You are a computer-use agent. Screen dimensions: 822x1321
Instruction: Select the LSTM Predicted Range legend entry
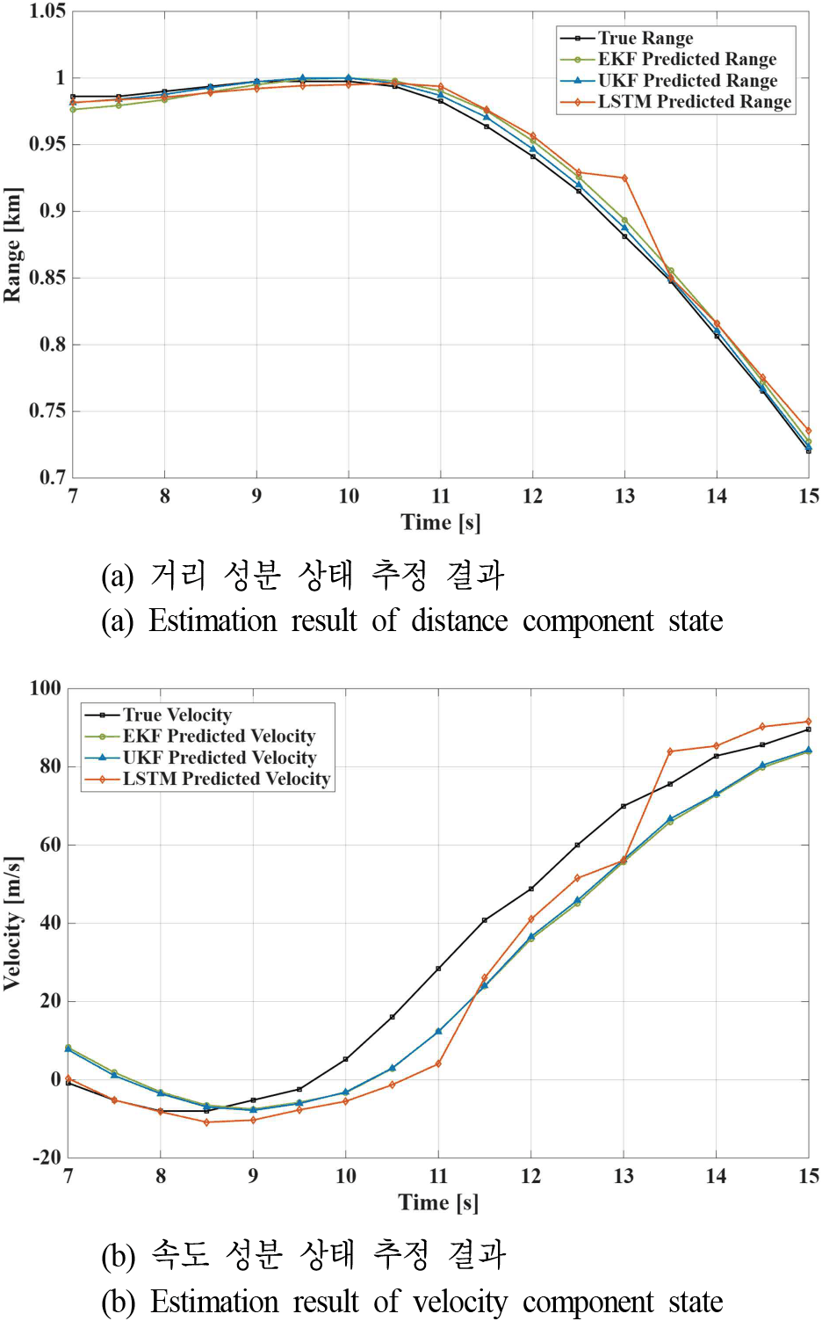click(x=675, y=102)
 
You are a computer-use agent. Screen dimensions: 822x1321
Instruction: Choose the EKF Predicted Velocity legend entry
click(x=199, y=736)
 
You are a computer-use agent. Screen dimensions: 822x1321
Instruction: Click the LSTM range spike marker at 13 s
click(x=624, y=178)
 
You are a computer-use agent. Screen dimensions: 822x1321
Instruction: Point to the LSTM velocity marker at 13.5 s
click(x=670, y=752)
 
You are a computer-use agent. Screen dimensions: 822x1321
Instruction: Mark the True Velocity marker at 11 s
click(x=438, y=969)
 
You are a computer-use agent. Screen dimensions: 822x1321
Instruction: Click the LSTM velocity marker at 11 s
click(x=438, y=1063)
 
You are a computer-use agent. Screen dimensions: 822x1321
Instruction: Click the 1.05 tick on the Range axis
click(x=47, y=11)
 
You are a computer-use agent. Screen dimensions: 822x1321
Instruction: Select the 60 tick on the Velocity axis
click(x=50, y=846)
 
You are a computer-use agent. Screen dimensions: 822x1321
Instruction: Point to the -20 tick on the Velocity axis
click(x=47, y=1158)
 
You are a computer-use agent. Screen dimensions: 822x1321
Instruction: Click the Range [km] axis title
click(x=12, y=245)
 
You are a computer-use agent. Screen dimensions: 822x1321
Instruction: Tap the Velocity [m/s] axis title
click(x=12, y=924)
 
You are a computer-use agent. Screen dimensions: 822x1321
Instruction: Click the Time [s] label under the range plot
click(x=441, y=522)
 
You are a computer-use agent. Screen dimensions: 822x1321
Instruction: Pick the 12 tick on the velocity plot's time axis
click(x=531, y=1177)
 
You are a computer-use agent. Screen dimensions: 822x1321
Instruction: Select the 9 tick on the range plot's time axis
click(x=256, y=497)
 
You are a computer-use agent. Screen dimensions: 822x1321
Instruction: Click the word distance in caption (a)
click(x=459, y=621)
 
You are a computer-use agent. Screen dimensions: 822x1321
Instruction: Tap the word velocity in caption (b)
click(x=459, y=1303)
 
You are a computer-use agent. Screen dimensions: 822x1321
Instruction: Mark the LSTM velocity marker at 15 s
click(x=809, y=722)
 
